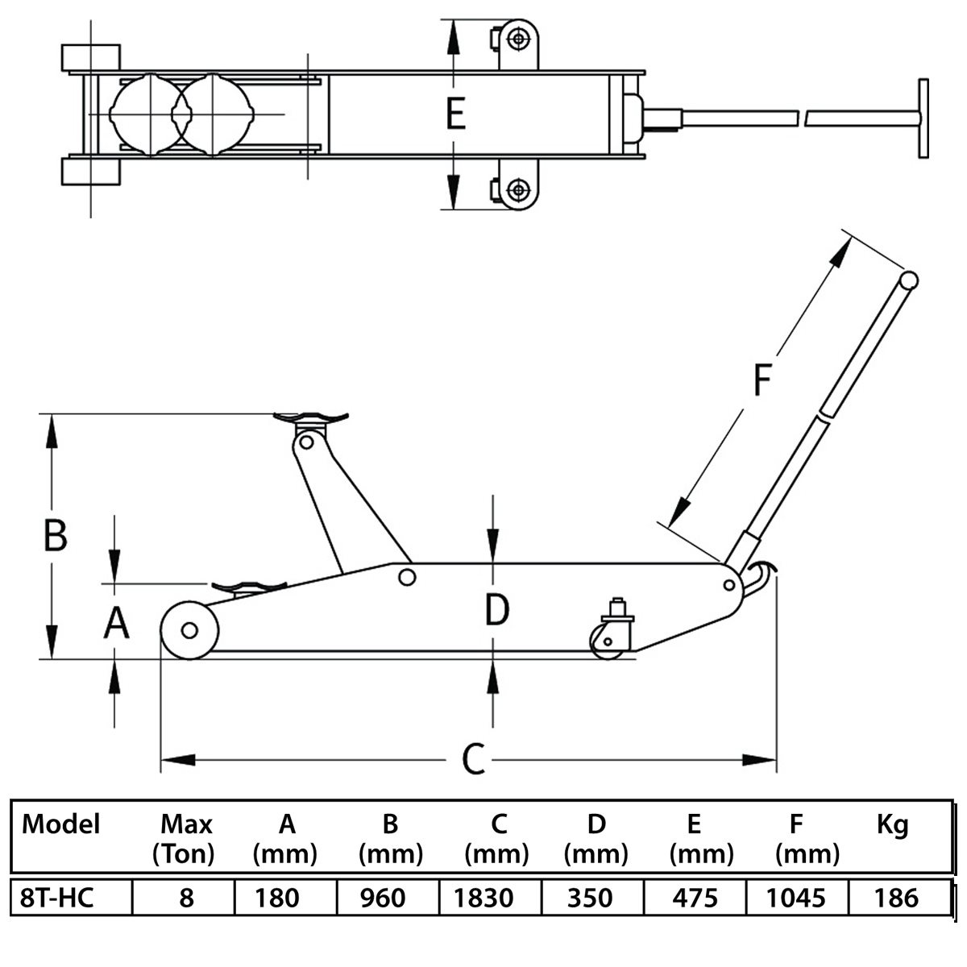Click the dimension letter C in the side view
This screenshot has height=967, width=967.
click(473, 760)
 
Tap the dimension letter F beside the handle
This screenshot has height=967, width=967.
click(762, 380)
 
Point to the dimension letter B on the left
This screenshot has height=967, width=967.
click(56, 535)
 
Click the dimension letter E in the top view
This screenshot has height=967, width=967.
click(455, 114)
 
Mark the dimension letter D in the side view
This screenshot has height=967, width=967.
click(497, 609)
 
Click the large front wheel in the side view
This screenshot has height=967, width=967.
click(189, 630)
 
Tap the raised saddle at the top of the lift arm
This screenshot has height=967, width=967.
click(310, 418)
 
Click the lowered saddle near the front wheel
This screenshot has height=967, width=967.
click(249, 587)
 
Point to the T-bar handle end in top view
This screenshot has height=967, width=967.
click(923, 118)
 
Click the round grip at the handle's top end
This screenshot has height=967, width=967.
click(908, 280)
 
